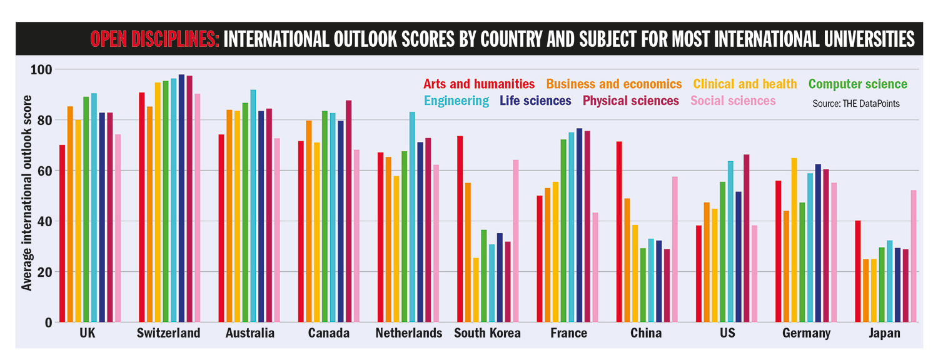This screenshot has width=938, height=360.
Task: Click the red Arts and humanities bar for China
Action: tap(619, 232)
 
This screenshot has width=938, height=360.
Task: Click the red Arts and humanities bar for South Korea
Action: tap(460, 229)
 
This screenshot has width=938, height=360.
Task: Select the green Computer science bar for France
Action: tap(563, 231)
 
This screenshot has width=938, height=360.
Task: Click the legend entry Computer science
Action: tap(857, 84)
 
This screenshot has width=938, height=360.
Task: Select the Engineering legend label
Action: tap(456, 101)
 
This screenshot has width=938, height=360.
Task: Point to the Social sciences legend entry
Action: tap(733, 101)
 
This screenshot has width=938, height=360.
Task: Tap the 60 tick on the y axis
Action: tap(44, 171)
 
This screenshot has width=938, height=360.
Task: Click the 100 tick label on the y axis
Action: tap(42, 69)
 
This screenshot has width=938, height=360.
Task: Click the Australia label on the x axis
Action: tap(250, 333)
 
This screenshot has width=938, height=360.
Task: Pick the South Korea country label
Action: tap(487, 333)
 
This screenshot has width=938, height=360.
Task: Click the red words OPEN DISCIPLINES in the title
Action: tap(154, 39)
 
